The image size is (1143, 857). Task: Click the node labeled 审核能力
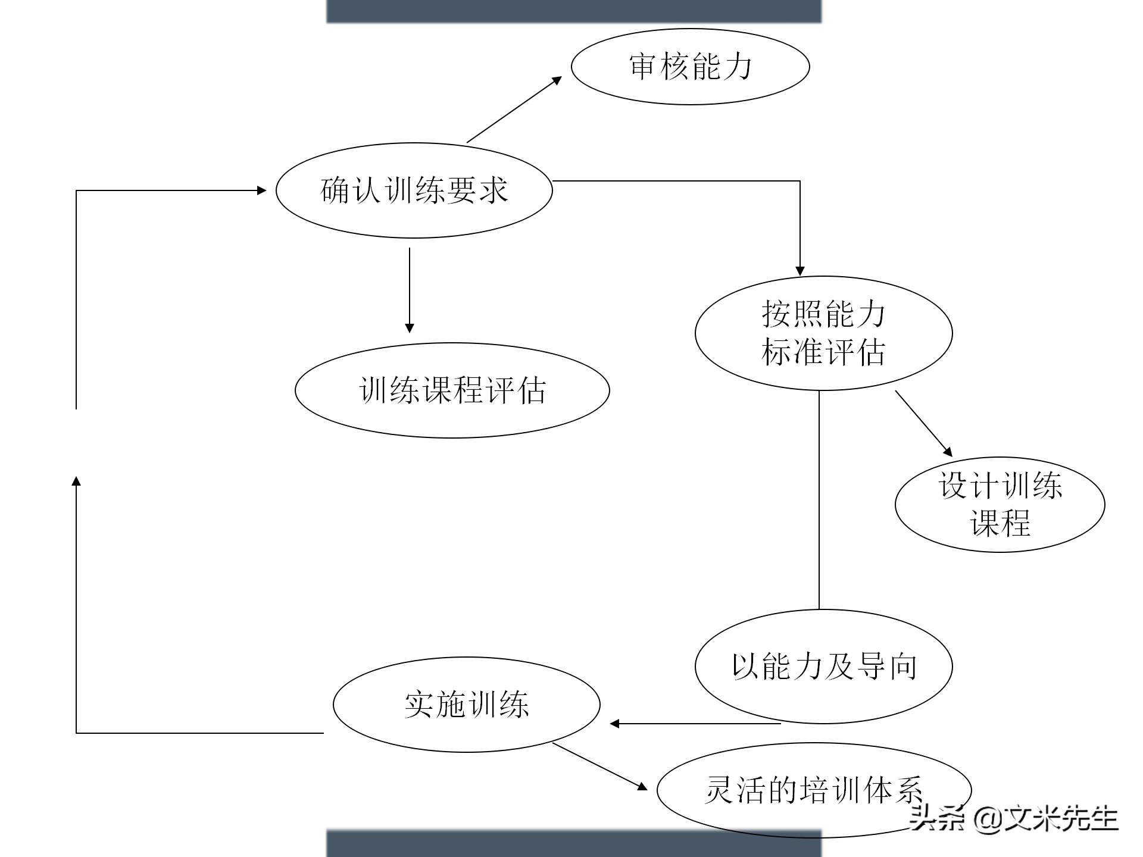tap(690, 67)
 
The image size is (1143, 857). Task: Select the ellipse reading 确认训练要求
tap(414, 190)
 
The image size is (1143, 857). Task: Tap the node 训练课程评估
tap(452, 390)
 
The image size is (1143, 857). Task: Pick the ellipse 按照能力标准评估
tap(823, 333)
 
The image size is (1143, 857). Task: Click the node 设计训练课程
tap(1000, 505)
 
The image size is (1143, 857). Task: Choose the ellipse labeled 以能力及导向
tap(823, 667)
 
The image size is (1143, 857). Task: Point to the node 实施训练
tap(466, 705)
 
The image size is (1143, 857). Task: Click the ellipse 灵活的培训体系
tap(814, 790)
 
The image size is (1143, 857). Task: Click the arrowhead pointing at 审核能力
tap(557, 80)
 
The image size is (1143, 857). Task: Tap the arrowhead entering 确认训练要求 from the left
tap(261, 190)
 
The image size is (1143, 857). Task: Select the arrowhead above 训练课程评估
tap(410, 328)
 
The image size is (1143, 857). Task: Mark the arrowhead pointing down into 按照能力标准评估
tap(800, 271)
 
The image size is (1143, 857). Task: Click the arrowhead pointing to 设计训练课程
tap(948, 452)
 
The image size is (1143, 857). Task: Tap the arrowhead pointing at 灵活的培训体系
tap(642, 787)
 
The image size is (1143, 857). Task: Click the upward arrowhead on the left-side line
tap(76, 481)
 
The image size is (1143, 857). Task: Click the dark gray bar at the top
tap(574, 11)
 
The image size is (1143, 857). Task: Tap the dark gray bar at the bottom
tap(574, 844)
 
